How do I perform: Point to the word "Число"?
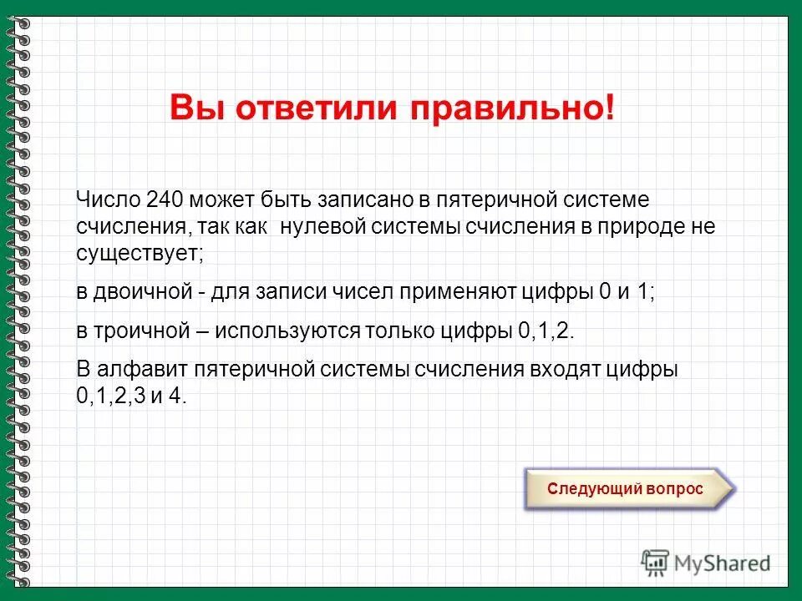coord(107,200)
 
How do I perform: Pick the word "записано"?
coord(365,200)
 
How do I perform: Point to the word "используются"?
coord(288,330)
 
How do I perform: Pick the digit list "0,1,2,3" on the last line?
coord(109,396)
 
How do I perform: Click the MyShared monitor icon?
coord(656,563)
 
